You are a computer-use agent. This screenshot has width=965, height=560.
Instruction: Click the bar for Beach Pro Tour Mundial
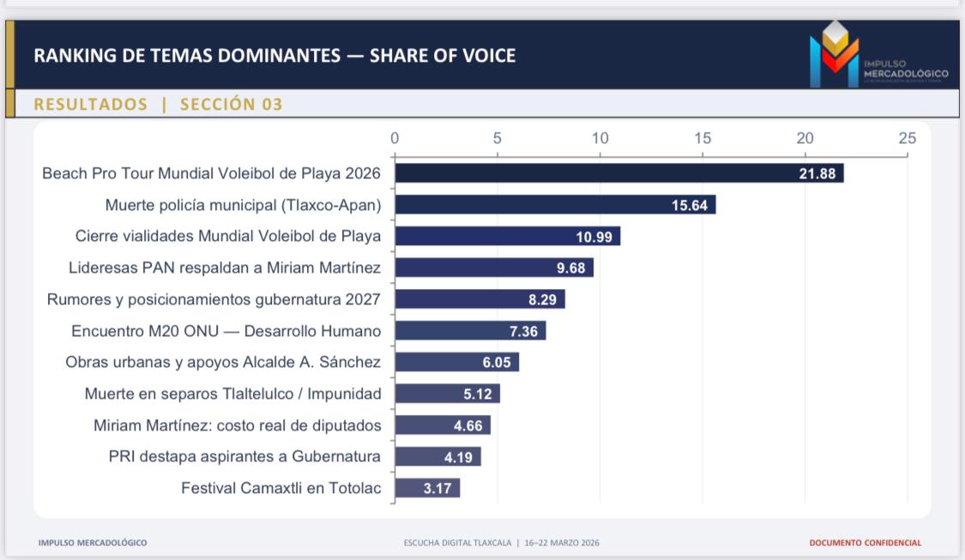click(x=618, y=173)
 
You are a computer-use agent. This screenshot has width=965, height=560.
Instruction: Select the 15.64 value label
click(x=689, y=205)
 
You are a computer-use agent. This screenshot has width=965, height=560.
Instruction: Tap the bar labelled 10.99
click(x=506, y=237)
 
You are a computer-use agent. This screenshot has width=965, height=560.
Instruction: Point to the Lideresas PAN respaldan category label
click(x=225, y=268)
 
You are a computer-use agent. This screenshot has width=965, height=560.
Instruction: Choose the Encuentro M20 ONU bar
click(x=469, y=331)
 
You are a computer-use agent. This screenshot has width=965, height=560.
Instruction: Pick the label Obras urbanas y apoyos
click(x=223, y=362)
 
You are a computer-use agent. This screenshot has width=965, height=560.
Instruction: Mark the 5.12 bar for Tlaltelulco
click(x=446, y=394)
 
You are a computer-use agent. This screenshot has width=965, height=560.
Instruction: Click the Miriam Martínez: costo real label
click(x=238, y=425)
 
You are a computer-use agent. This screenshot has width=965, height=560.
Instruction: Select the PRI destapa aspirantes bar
click(x=437, y=457)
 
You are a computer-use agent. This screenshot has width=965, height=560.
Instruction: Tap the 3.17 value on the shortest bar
click(x=440, y=489)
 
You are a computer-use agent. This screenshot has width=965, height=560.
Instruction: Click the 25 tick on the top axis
click(x=907, y=138)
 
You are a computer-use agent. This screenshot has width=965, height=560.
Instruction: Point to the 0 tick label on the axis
click(x=395, y=138)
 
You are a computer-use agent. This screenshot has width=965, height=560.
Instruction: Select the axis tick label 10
click(x=600, y=138)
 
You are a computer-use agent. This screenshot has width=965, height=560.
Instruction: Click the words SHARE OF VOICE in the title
click(x=443, y=57)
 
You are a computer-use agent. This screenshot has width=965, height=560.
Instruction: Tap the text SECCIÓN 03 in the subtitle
click(x=231, y=105)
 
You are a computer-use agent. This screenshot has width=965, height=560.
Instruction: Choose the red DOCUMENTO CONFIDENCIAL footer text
click(x=865, y=543)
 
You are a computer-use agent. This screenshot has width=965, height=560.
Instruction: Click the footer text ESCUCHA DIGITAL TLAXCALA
click(x=457, y=543)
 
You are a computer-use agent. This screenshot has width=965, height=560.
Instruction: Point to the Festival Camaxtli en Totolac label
click(x=281, y=488)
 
